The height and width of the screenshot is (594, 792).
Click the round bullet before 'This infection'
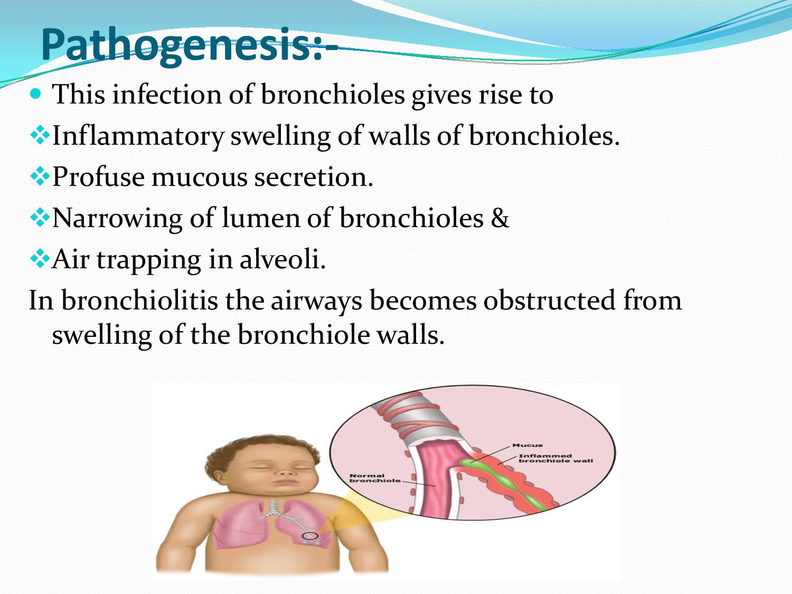click(x=36, y=95)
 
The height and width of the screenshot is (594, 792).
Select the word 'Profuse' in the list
click(x=98, y=176)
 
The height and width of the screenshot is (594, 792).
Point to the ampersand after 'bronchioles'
click(x=499, y=218)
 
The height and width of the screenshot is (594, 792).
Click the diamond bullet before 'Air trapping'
click(x=39, y=259)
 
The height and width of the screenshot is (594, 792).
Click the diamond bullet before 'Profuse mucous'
click(x=39, y=177)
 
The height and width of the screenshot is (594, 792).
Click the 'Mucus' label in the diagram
click(x=527, y=445)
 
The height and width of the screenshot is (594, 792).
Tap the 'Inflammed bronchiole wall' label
click(x=554, y=458)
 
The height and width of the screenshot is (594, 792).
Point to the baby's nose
click(x=286, y=473)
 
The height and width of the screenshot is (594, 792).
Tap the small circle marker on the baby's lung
click(x=310, y=536)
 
